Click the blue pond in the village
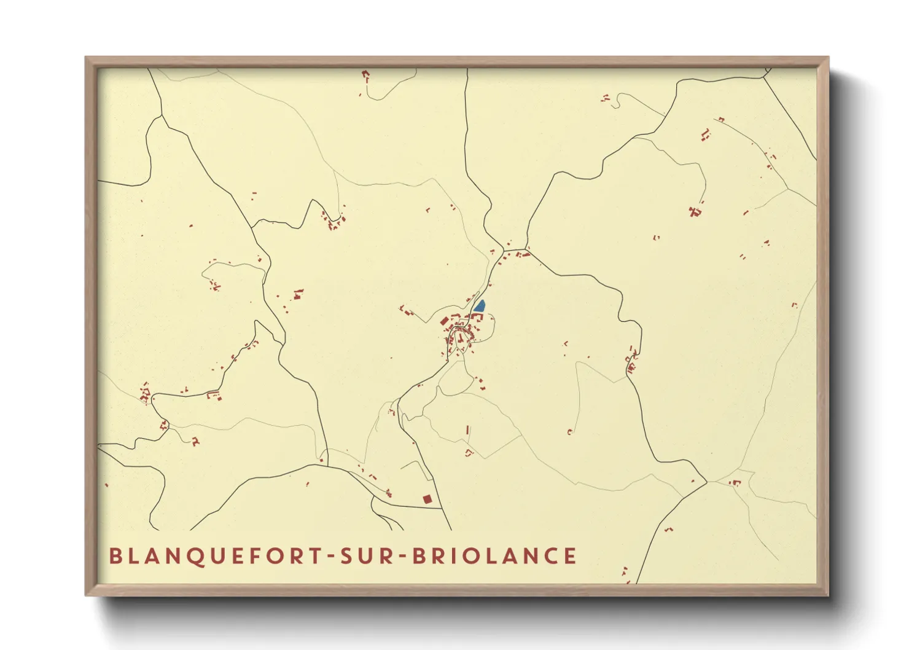(479, 306)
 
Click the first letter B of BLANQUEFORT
(115, 556)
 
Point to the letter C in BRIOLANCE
(548, 556)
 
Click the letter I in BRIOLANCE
(454, 556)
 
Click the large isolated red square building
(427, 499)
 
